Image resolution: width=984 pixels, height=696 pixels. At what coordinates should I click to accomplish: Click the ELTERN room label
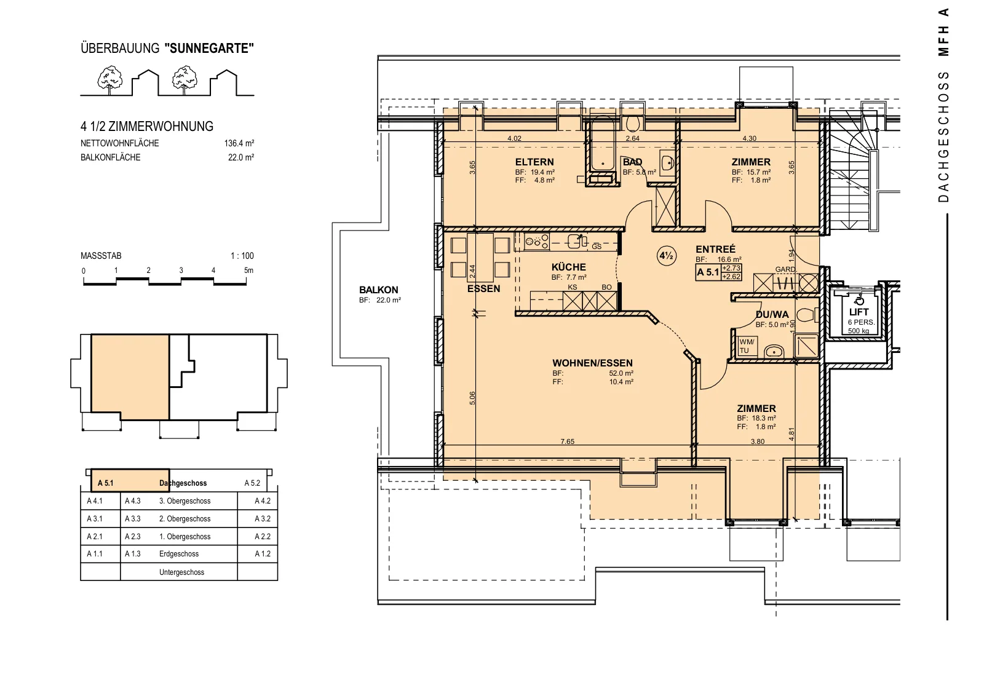click(534, 162)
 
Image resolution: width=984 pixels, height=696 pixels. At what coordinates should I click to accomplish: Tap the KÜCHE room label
click(568, 267)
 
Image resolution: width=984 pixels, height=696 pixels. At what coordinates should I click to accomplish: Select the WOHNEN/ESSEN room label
click(593, 363)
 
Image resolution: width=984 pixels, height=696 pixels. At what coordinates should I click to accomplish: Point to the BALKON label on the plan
click(379, 290)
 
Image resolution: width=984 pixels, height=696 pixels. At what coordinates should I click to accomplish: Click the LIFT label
click(859, 312)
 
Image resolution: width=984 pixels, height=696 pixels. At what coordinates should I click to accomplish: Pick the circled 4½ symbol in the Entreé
click(667, 256)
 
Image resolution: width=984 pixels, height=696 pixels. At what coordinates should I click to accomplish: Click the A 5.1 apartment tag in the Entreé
click(708, 272)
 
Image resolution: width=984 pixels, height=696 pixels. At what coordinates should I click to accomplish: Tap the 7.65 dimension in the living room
click(567, 441)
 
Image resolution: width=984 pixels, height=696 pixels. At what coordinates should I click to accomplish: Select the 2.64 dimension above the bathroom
click(633, 138)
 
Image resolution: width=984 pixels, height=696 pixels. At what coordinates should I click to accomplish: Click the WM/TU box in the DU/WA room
click(747, 346)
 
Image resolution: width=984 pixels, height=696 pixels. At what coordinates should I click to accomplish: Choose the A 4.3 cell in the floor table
click(133, 501)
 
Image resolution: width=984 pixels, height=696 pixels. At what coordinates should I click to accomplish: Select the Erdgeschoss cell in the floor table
click(179, 554)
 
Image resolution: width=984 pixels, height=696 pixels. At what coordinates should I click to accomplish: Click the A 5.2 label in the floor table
click(252, 483)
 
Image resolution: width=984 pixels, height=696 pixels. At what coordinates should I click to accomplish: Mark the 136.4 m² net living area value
click(239, 143)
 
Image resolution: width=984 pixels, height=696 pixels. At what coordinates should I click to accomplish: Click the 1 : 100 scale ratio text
click(242, 256)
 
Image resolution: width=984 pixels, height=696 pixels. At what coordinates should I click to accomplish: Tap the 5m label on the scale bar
click(248, 271)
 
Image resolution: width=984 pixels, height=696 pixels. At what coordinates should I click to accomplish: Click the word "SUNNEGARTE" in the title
click(209, 49)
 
